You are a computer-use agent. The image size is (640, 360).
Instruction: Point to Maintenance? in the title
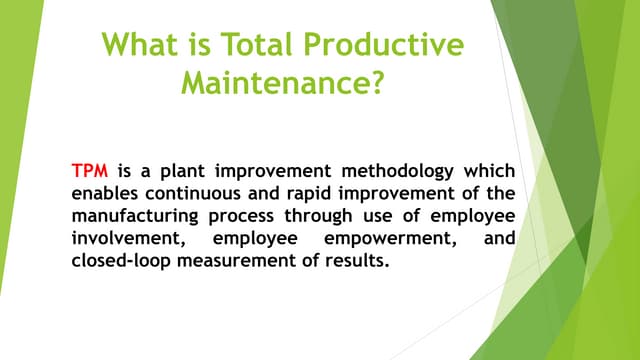tap(283, 83)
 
